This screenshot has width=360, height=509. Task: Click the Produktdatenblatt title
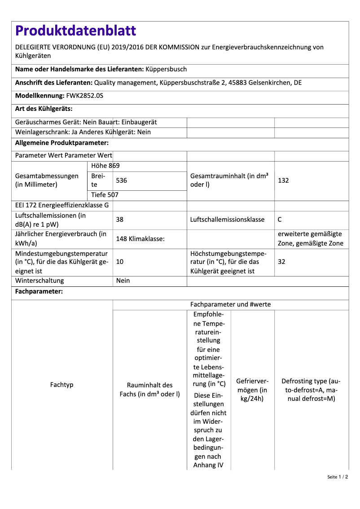(x=75, y=31)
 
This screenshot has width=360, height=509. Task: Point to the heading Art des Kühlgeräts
(x=44, y=109)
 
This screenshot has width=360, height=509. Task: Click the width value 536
(x=121, y=180)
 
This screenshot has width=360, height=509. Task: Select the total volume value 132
(x=283, y=180)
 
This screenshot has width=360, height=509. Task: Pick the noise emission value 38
(x=120, y=220)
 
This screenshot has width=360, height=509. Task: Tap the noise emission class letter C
(x=280, y=220)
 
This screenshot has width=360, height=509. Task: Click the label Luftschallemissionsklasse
(x=227, y=220)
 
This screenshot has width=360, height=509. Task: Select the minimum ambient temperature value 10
(x=120, y=262)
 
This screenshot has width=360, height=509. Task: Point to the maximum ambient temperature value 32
(x=282, y=262)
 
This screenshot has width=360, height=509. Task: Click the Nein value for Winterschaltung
(x=123, y=281)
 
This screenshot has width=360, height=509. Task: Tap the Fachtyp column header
(x=62, y=385)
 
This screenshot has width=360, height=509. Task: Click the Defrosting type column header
(x=311, y=390)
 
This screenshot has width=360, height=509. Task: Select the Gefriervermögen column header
(x=252, y=390)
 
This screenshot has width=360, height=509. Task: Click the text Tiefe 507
(x=105, y=195)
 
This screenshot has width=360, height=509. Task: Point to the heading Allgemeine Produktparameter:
(x=62, y=143)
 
